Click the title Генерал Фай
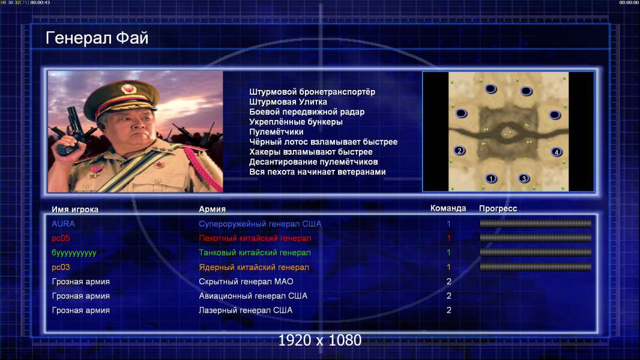(97, 38)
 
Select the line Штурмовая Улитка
(288, 102)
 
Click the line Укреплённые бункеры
(296, 122)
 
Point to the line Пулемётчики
(276, 131)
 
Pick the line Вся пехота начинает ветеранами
(318, 172)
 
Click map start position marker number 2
(460, 151)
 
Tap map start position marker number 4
(557, 152)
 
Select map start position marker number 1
(491, 178)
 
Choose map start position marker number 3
(524, 178)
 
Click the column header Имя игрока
(74, 209)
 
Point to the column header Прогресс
(498, 208)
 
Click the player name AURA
(63, 224)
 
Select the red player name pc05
(61, 238)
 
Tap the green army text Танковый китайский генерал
(255, 253)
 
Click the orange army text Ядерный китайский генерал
(254, 268)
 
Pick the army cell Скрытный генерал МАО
(246, 282)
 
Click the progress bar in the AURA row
(536, 223)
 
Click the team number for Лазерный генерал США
(449, 310)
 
